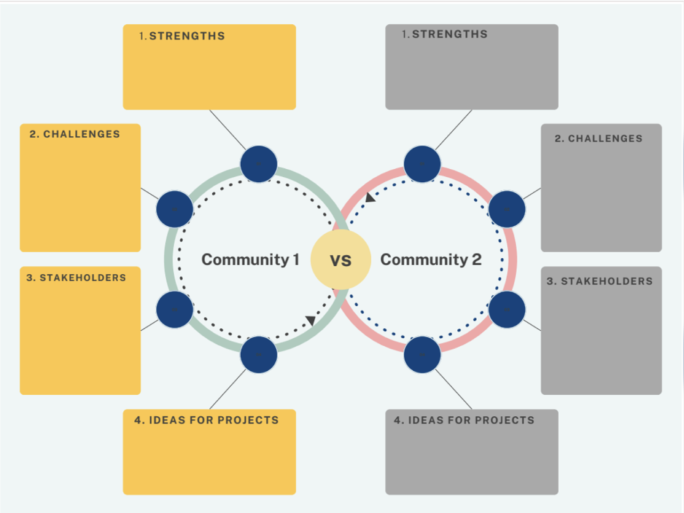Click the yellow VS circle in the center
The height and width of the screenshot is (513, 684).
[x=341, y=260]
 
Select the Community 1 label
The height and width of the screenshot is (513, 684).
[x=250, y=260]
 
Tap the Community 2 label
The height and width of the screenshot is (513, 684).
[x=431, y=260]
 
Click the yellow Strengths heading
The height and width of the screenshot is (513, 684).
[x=182, y=36]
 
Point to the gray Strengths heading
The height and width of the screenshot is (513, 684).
[x=444, y=34]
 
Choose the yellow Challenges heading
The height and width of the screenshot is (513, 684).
[x=74, y=134]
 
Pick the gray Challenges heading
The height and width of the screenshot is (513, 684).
[x=598, y=139]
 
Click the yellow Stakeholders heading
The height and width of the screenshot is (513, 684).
[x=76, y=278]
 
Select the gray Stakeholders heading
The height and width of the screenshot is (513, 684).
[x=600, y=282]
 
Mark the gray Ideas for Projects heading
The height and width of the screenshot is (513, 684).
[x=464, y=420]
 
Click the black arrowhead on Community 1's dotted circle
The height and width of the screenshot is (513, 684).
[x=311, y=320]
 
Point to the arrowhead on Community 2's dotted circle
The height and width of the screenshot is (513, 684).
[x=369, y=197]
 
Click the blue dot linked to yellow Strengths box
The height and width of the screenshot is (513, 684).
[x=259, y=164]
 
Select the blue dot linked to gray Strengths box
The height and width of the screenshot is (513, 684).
[x=422, y=164]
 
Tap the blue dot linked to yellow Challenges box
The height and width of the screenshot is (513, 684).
[x=174, y=209]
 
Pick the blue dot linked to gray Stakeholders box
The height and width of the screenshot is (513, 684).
[x=507, y=310]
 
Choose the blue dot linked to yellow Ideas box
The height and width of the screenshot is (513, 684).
[x=259, y=355]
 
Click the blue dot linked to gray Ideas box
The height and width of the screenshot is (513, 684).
[x=422, y=355]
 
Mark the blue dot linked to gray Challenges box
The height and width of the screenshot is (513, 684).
[x=507, y=209]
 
